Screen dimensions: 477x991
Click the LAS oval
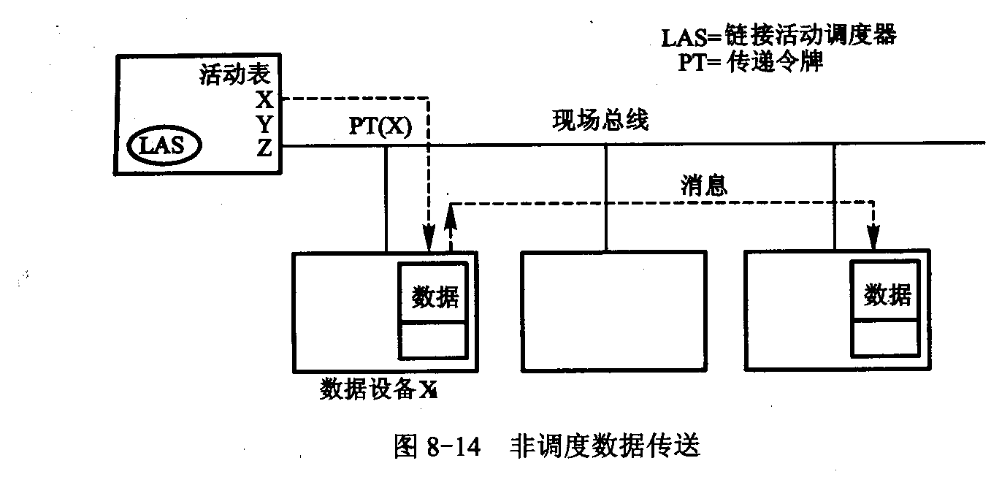tap(165, 146)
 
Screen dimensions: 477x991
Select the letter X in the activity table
tap(265, 99)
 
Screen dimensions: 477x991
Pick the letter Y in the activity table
tap(265, 123)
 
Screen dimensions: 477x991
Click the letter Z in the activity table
tap(265, 148)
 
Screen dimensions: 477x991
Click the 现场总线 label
tap(600, 121)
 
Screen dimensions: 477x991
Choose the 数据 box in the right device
tap(887, 295)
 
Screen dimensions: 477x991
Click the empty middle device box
tap(614, 310)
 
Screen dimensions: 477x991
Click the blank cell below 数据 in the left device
tap(432, 340)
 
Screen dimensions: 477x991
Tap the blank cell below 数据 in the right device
tap(886, 337)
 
